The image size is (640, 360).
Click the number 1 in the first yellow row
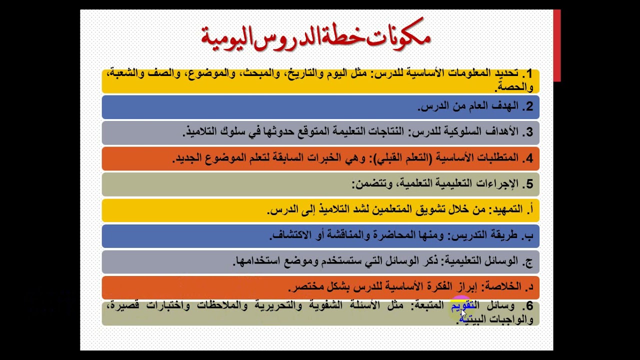[x=529, y=74]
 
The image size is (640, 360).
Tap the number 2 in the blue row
[x=529, y=106]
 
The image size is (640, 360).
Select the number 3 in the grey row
[x=529, y=132]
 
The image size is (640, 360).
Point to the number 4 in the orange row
[x=529, y=158]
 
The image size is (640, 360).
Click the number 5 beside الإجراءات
[x=529, y=184]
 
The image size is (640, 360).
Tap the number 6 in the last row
[x=529, y=306]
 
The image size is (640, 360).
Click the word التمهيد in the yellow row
[x=505, y=210]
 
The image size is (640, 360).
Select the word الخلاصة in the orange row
[x=503, y=287]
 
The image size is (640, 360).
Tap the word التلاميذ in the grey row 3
[x=201, y=132]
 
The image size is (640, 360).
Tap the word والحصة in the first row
[x=514, y=87]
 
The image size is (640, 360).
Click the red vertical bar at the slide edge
[x=557, y=45]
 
